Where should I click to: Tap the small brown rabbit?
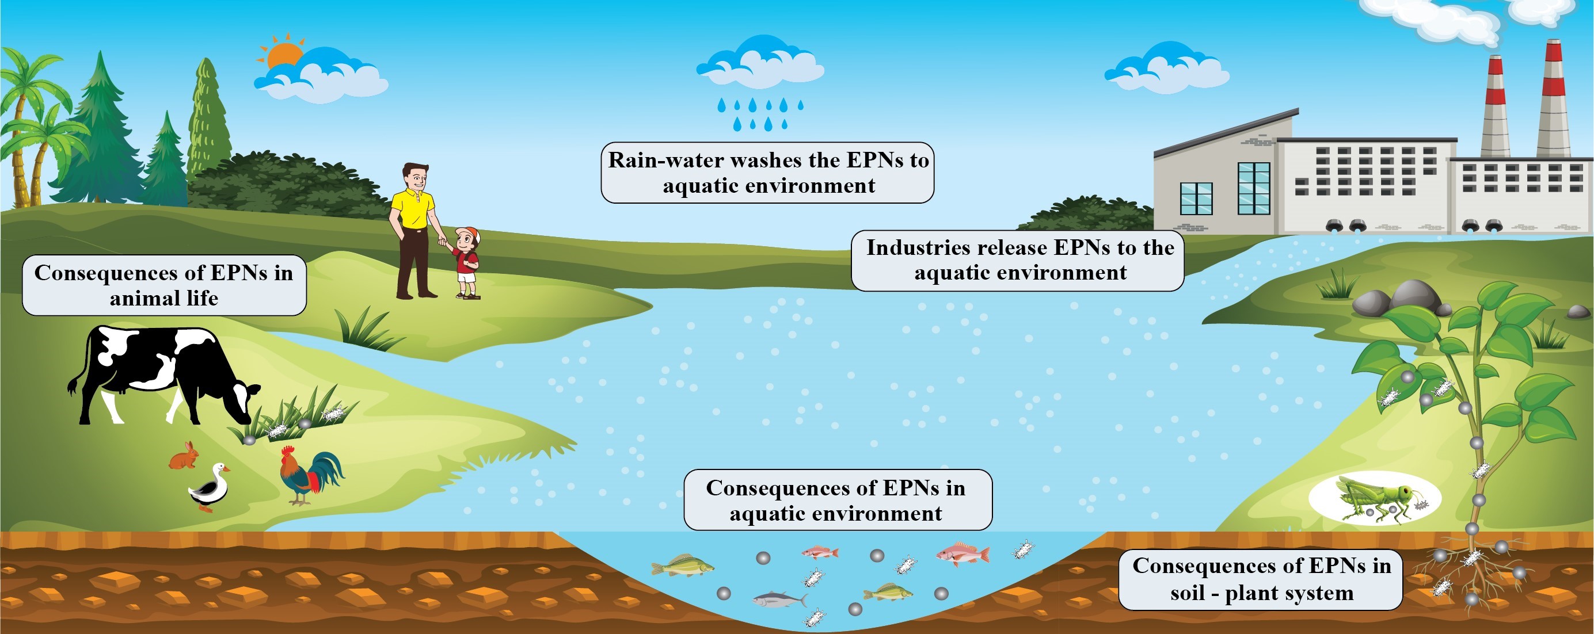tap(184, 458)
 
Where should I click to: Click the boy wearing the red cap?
tap(466, 263)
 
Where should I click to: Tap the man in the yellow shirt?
tap(413, 229)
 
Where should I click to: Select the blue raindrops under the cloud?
tap(760, 113)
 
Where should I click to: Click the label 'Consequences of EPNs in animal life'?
tap(164, 285)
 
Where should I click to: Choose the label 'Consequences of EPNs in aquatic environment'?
tap(836, 500)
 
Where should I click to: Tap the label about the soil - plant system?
tap(1261, 579)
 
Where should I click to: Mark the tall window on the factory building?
tap(1253, 188)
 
